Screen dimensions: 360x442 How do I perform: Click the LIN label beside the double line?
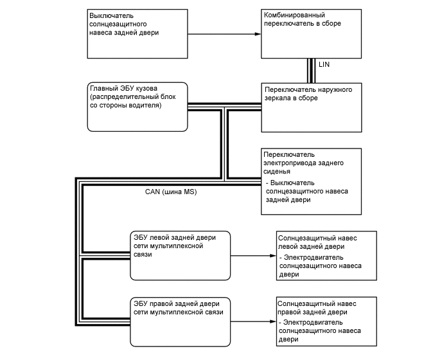coord(324,66)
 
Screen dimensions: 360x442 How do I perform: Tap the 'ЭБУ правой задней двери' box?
coord(181,321)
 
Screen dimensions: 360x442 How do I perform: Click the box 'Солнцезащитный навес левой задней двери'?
coord(324,255)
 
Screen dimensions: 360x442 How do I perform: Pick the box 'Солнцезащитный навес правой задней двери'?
coord(324,321)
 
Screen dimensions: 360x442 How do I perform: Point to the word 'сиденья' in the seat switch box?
coord(278,172)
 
